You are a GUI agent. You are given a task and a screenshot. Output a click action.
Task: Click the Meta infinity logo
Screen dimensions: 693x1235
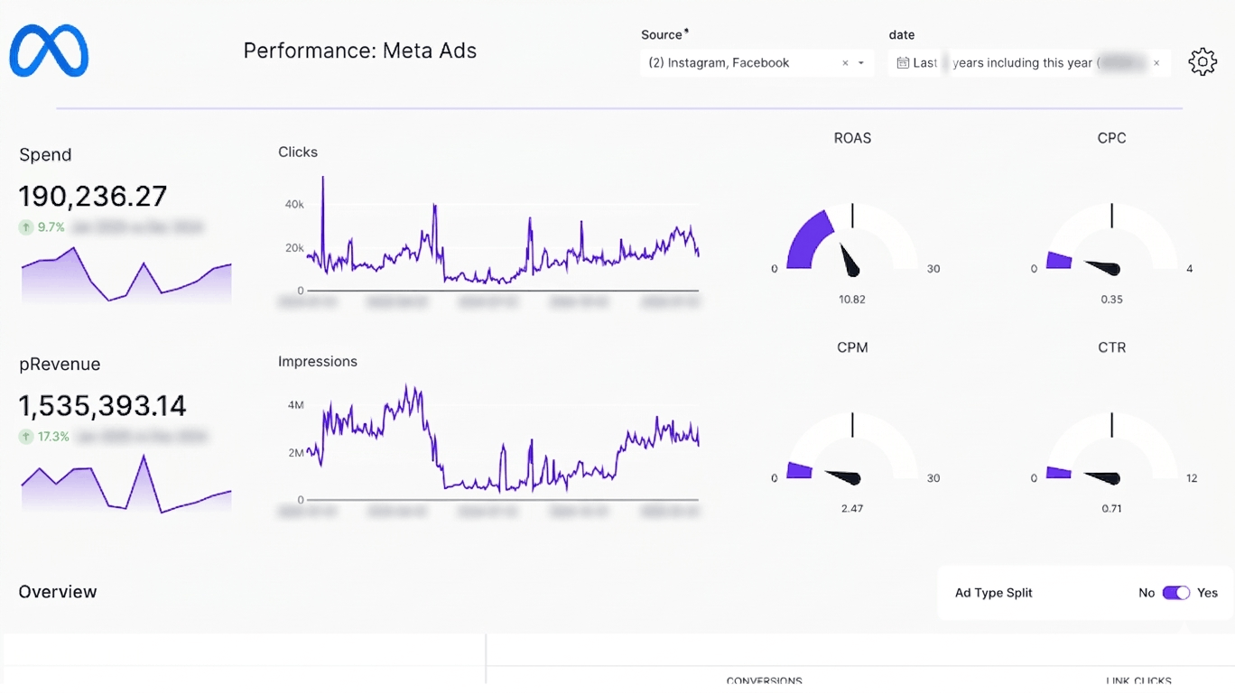coord(49,51)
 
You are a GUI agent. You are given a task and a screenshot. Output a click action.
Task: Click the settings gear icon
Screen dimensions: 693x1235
coord(1202,62)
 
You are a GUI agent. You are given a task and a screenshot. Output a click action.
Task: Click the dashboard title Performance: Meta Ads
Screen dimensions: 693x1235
coord(359,51)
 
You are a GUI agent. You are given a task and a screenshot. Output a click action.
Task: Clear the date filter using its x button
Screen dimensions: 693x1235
coord(1156,63)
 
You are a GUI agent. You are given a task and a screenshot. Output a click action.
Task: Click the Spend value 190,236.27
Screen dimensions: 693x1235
coord(93,196)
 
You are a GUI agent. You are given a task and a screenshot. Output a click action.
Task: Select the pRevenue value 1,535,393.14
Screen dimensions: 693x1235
coord(102,406)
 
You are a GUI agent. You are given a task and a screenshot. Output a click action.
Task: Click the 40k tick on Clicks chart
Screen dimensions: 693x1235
coord(294,205)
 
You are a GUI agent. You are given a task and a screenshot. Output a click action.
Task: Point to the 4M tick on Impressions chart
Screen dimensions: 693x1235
coord(295,405)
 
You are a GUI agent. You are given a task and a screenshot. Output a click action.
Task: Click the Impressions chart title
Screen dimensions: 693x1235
coord(318,362)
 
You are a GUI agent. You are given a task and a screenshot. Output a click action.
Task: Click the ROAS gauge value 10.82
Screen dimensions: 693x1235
coord(851,300)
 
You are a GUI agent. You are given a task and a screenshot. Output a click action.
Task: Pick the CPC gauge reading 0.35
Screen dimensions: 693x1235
coord(1111,300)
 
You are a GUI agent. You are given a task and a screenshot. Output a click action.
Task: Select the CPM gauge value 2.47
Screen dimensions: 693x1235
coord(851,509)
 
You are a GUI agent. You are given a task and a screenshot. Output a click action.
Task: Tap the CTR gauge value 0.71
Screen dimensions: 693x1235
coord(1111,509)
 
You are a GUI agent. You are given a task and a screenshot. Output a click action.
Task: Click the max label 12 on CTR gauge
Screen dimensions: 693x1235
coord(1192,478)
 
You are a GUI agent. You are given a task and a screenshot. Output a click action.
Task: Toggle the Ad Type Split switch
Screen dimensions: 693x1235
coord(1175,593)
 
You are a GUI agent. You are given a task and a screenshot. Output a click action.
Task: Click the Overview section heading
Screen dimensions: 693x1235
coord(58,592)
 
